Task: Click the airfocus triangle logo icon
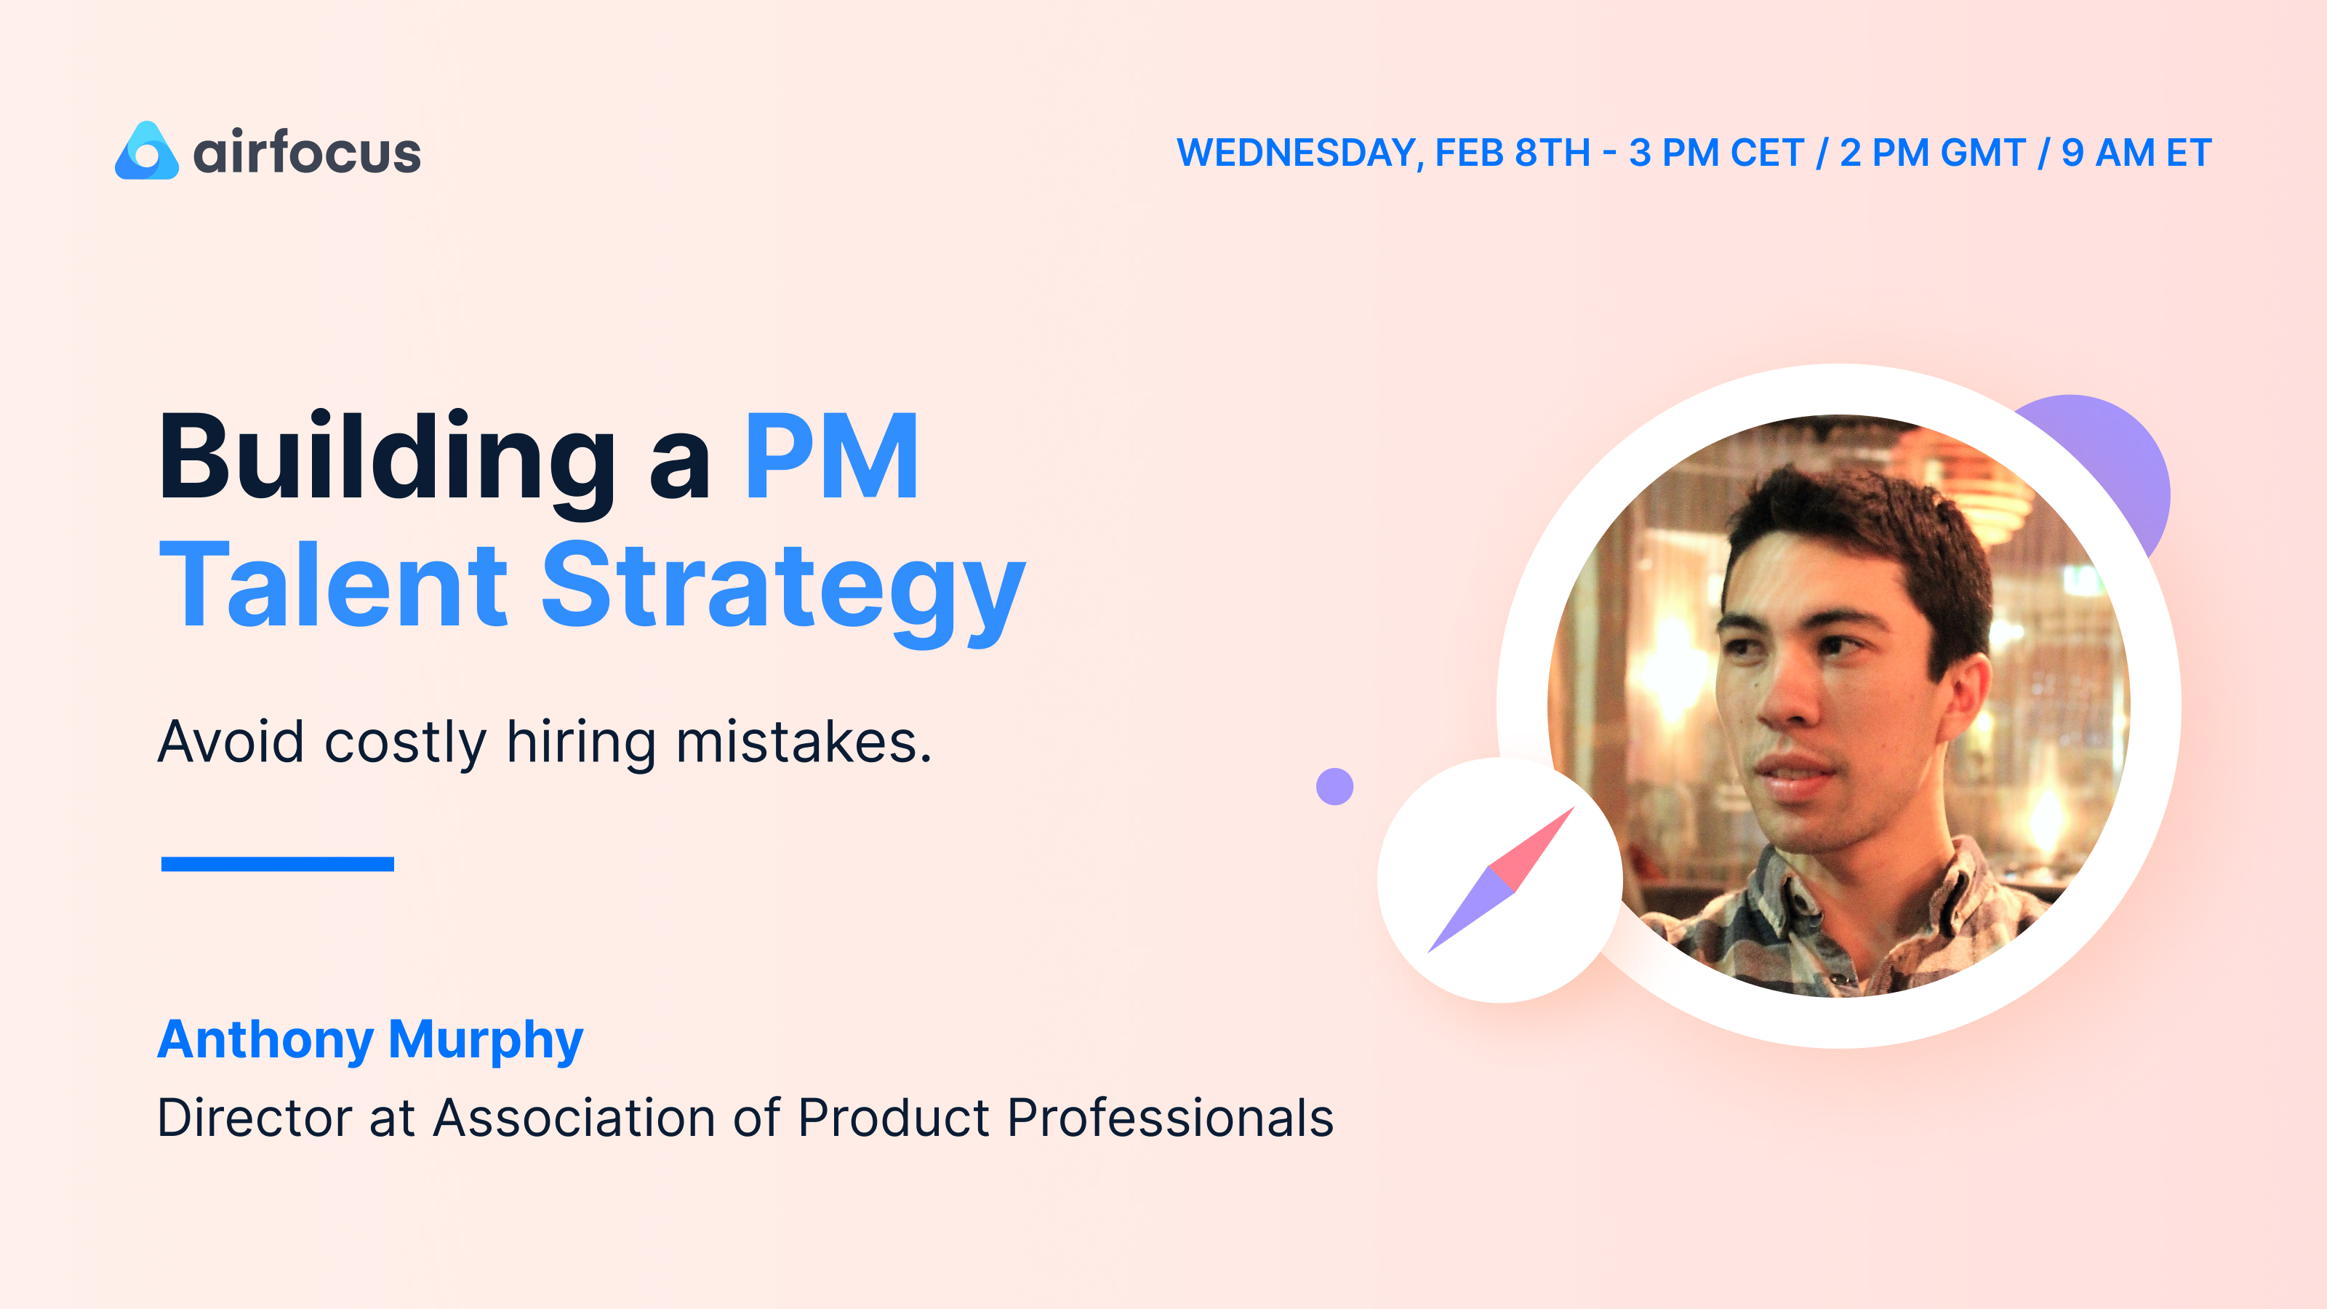point(146,152)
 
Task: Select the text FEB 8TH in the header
point(1513,153)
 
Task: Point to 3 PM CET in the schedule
point(1716,153)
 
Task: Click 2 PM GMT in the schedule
point(1932,153)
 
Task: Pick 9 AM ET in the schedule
point(2136,153)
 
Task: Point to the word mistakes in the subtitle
point(802,742)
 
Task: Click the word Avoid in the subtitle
point(231,742)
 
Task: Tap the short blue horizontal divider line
point(277,864)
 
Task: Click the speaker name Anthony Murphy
point(370,1040)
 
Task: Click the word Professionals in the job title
point(1170,1118)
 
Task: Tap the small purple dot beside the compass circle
point(1334,786)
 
